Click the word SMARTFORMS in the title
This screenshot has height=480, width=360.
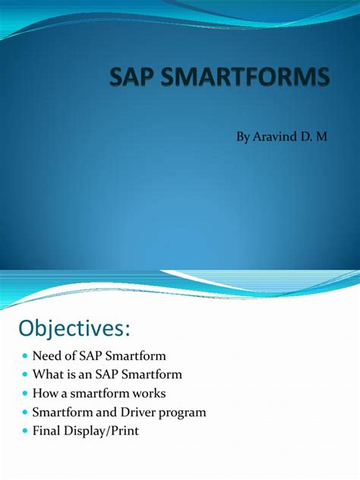click(x=254, y=78)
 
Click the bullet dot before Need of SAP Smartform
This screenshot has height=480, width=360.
click(x=25, y=357)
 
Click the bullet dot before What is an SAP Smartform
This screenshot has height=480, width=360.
click(x=25, y=375)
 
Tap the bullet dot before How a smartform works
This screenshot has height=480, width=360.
click(x=25, y=394)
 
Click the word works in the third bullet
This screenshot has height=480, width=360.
click(x=149, y=394)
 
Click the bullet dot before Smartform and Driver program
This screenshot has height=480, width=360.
click(x=25, y=413)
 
